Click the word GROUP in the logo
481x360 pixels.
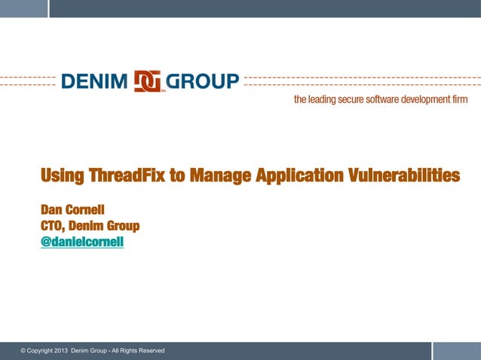(202, 81)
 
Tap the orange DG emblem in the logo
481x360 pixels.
(149, 81)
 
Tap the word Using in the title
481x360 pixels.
(63, 176)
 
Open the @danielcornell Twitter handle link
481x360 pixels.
(82, 243)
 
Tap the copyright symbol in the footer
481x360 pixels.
(23, 351)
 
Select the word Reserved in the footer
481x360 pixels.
(150, 351)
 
